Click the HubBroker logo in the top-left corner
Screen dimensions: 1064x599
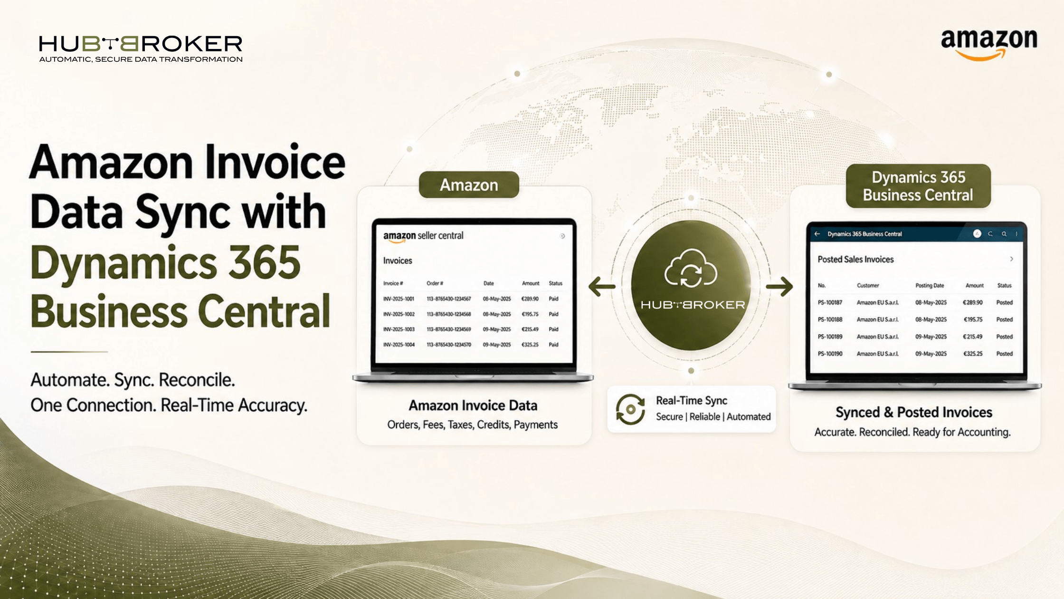pyautogui.click(x=141, y=48)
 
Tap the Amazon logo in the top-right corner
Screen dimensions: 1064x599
pyautogui.click(x=989, y=45)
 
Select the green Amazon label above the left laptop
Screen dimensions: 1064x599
pyautogui.click(x=469, y=185)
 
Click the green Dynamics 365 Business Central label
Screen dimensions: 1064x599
pyautogui.click(x=918, y=186)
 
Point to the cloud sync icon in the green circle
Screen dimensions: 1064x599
pyautogui.click(x=691, y=269)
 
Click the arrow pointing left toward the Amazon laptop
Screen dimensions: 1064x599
pyautogui.click(x=602, y=286)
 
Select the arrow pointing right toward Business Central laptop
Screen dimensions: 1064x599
pyautogui.click(x=779, y=286)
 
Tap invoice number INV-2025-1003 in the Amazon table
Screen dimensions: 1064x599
pyautogui.click(x=399, y=329)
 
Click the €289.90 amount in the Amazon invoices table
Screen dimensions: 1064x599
pyautogui.click(x=530, y=299)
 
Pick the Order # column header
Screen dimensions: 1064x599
pyautogui.click(x=435, y=283)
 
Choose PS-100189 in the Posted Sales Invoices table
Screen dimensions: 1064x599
pyautogui.click(x=830, y=337)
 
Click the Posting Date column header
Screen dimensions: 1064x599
pyautogui.click(x=930, y=286)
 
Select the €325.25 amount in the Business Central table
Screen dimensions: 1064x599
pyautogui.click(x=973, y=354)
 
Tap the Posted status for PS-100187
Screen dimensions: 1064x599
pyautogui.click(x=1005, y=302)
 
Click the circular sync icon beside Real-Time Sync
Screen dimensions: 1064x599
pyautogui.click(x=630, y=409)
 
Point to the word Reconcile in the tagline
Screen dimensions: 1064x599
pyautogui.click(x=197, y=380)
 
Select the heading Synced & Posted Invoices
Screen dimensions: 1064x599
pyautogui.click(x=914, y=412)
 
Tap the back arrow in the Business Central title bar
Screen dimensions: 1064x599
pyautogui.click(x=817, y=234)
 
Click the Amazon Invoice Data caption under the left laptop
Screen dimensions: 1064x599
pyautogui.click(x=473, y=406)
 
